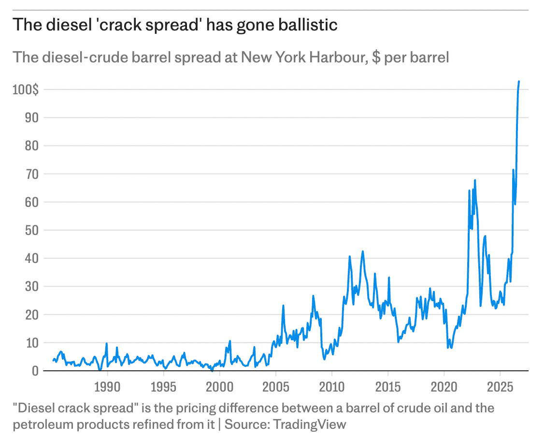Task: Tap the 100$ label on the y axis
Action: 26,90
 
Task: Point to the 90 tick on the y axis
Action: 31,118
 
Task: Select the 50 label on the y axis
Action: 31,230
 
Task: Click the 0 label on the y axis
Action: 35,371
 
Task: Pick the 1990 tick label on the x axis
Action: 107,387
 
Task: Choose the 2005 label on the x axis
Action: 275,387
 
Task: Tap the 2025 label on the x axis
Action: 500,387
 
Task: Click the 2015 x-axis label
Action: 388,387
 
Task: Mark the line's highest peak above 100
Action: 519,81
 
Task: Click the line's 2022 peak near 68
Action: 475,180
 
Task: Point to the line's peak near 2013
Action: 362,251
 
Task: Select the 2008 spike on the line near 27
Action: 313,296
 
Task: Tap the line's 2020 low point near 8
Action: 448,347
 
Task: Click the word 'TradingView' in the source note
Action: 309,424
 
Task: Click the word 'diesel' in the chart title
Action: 65,25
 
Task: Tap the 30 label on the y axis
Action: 31,287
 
